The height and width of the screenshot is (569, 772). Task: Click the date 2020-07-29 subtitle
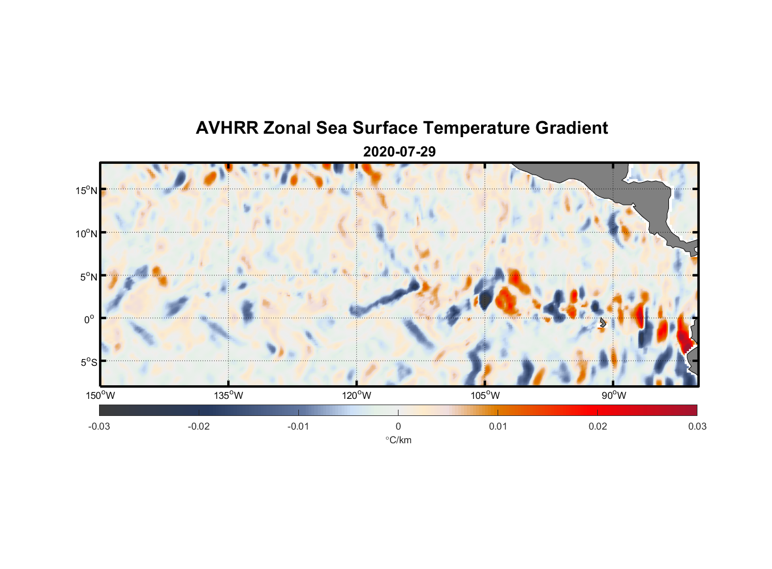coord(399,152)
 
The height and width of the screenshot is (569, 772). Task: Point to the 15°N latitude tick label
coord(87,190)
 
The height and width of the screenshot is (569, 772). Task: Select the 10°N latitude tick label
coord(87,233)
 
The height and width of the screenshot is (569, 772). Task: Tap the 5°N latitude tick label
coord(88,277)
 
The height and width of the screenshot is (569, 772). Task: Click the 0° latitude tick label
coord(90,319)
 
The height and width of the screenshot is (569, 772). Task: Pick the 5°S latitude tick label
coord(88,362)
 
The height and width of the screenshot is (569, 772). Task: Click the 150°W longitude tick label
coord(100,395)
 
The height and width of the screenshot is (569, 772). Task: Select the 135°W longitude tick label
coord(228,395)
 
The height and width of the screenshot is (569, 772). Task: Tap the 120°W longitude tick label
coord(357,395)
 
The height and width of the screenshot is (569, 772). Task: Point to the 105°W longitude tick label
coord(485,395)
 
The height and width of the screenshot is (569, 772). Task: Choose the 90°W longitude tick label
coord(614,395)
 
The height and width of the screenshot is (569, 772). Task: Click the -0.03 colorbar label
coord(99,426)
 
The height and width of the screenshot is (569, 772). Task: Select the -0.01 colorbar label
coord(298,426)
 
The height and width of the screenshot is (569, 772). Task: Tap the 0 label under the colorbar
coord(398,426)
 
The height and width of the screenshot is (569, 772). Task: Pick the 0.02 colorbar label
coord(598,426)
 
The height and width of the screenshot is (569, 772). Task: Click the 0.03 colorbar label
coord(697,426)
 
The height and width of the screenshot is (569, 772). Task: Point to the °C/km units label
coord(398,440)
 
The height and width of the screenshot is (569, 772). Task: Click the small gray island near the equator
coord(603,323)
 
